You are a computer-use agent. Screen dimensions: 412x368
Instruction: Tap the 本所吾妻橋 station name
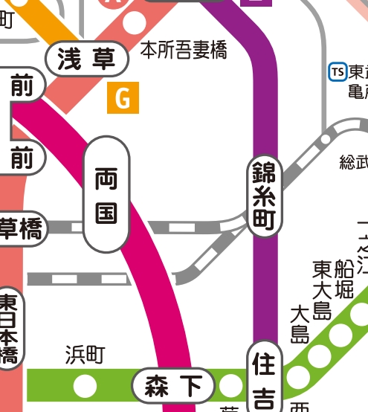coord(184,51)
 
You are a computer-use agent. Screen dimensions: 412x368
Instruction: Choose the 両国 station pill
coord(106,195)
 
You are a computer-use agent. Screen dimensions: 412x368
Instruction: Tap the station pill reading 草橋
coord(21,231)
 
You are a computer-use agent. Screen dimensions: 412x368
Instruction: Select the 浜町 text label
coord(85,355)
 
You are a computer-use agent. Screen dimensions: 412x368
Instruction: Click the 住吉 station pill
coord(264,379)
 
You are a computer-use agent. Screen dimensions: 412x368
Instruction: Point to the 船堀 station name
coord(343,279)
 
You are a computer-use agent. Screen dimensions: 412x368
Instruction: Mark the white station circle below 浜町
coord(85,386)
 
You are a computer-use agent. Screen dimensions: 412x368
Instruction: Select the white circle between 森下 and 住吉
coord(231,386)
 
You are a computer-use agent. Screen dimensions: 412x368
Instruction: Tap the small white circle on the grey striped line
coord(325,139)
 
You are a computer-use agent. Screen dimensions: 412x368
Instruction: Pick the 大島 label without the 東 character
coord(300,324)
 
